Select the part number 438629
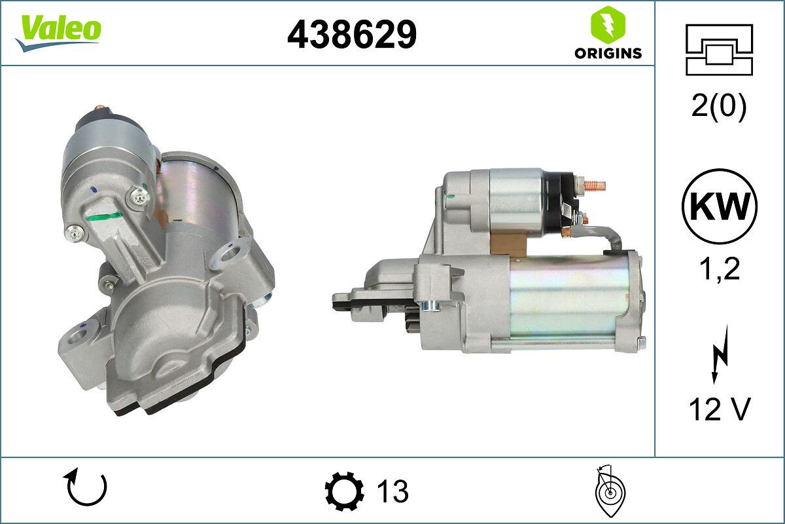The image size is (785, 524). tap(352, 34)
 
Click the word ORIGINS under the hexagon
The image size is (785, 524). tap(608, 54)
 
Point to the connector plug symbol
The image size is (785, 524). tap(719, 50)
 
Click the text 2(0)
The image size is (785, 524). tap(719, 107)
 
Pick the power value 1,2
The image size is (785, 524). tap(719, 269)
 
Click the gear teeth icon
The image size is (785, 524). tap(345, 491)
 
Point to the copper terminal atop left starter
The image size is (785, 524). tap(100, 109)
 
